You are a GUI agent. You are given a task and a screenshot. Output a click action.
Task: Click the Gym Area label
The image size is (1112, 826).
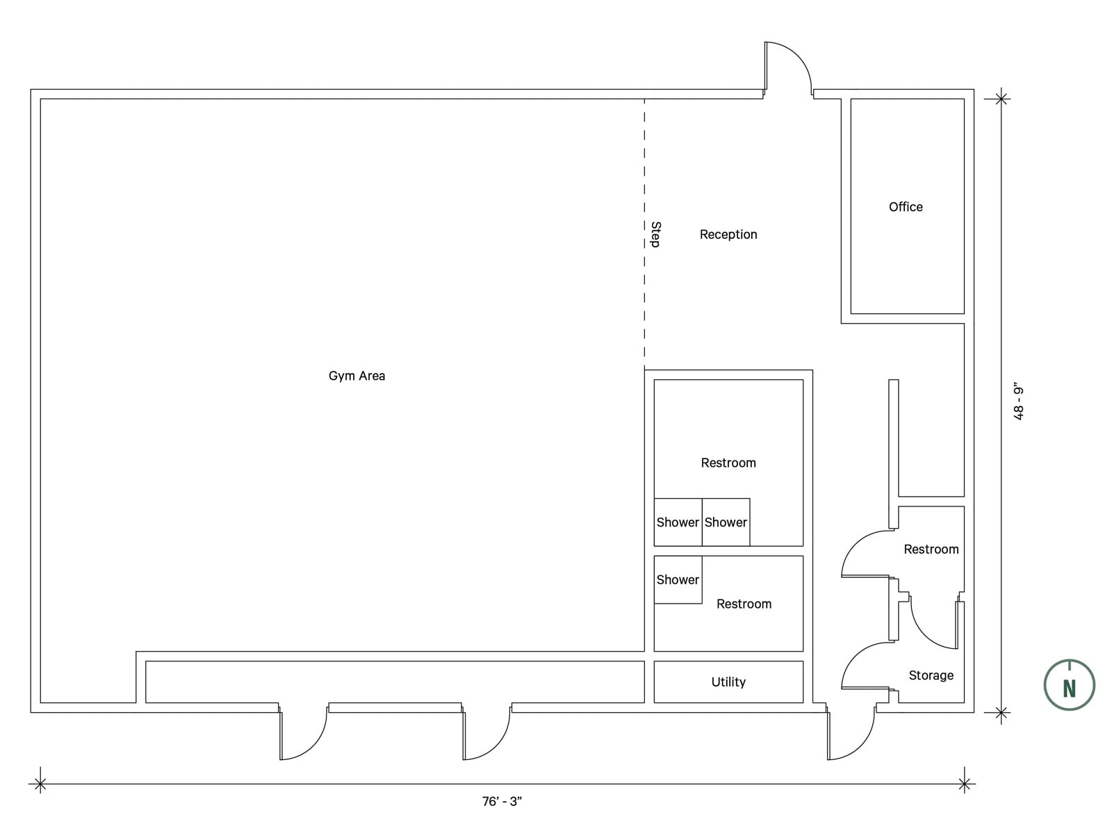point(357,376)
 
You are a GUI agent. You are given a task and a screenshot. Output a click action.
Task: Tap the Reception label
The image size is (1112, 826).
point(728,235)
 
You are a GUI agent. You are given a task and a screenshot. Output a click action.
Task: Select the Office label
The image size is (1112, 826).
point(906,207)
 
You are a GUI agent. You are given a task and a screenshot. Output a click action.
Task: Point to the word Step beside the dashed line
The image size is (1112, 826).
point(655,235)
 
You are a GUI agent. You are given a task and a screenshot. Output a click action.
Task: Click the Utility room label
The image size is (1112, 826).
point(728,682)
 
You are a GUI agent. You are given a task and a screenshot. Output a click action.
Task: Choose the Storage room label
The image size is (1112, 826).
point(931,676)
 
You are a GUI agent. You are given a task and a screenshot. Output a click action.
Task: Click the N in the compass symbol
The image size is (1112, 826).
point(1070,688)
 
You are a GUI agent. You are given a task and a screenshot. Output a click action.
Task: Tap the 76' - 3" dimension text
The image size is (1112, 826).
point(502,802)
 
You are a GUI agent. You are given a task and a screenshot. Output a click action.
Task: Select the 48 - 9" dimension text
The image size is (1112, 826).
point(1018,404)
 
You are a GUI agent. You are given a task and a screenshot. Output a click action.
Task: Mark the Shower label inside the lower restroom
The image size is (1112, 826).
point(678,580)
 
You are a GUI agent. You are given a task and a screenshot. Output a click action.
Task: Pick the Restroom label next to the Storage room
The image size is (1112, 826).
point(931,550)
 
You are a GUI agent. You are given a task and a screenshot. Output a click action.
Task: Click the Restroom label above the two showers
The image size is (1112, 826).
point(728,463)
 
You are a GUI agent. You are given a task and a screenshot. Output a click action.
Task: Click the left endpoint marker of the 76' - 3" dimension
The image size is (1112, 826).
point(40,784)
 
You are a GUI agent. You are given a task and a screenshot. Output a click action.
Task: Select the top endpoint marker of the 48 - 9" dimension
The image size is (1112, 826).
point(1001,99)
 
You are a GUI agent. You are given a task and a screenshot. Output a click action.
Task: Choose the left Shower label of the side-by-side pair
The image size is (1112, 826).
point(678,522)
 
